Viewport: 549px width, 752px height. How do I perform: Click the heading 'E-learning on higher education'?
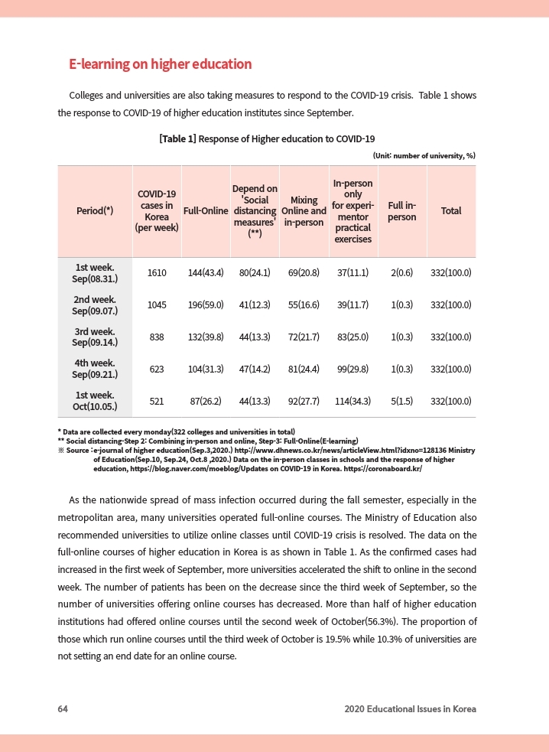coord(160,64)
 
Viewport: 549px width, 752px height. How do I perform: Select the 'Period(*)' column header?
coord(95,211)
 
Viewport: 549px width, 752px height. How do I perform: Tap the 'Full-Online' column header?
coord(205,211)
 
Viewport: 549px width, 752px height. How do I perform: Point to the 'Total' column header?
coord(450,211)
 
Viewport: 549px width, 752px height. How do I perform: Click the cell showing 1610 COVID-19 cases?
coord(157,273)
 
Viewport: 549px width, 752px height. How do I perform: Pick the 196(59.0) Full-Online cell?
coord(205,304)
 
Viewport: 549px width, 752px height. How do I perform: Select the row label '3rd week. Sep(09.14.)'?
coord(95,337)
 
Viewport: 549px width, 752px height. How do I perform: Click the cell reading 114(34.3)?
coord(352,401)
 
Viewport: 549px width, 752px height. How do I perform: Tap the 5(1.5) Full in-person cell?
coord(401,401)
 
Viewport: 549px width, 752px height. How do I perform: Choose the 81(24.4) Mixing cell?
coord(304,369)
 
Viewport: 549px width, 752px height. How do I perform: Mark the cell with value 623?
coord(157,369)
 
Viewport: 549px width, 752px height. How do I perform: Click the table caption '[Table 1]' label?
coord(177,139)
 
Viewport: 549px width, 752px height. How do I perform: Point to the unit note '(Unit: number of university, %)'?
coord(424,155)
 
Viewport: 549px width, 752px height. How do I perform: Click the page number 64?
coord(63,709)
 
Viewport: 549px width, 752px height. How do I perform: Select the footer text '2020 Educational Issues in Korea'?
coord(410,709)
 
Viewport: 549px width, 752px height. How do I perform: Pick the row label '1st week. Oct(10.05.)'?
coord(95,401)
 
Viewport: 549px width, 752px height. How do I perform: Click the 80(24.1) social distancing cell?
coord(255,273)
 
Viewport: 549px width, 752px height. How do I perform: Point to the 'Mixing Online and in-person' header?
coord(304,211)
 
